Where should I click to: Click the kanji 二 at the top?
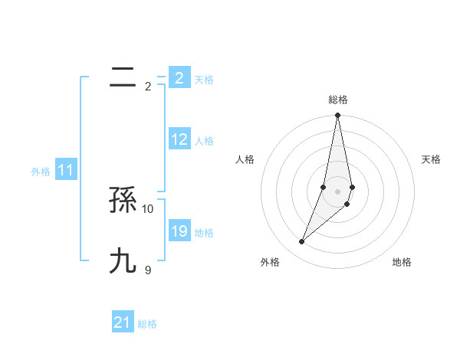pos(123,77)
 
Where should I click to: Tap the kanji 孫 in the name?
pos(123,201)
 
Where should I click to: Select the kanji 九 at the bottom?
pos(123,261)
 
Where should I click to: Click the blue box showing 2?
pos(179,78)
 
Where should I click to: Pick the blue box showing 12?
pos(179,139)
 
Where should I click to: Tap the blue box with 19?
pos(179,231)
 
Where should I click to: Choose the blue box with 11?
pos(65,170)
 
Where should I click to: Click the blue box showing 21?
pos(123,322)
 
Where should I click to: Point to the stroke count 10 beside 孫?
pos(148,208)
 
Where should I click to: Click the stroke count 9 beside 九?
pos(148,270)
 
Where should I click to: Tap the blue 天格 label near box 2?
pos(204,80)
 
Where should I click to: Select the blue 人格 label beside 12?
pos(204,141)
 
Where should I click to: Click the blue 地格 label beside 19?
pos(204,233)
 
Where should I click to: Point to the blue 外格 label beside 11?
pos(41,172)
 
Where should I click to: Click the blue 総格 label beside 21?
pos(147,324)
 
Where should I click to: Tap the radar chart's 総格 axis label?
pos(338,100)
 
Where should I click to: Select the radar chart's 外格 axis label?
pos(270,262)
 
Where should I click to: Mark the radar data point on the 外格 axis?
pos(301,242)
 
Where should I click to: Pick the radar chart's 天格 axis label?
pos(432,159)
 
